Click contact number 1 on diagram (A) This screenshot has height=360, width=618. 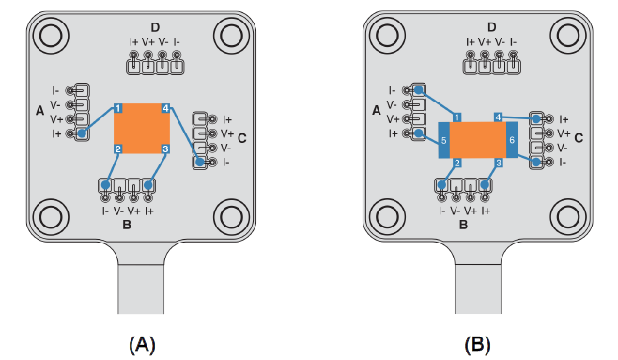coord(118,108)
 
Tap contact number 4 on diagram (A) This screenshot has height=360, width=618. coord(166,108)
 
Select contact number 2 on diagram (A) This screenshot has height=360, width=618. coord(117,149)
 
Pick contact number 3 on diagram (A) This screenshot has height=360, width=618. coord(165,149)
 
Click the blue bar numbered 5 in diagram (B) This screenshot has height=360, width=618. coord(444,140)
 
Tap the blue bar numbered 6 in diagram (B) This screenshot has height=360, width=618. coord(512,140)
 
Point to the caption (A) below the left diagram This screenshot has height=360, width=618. coord(142,345)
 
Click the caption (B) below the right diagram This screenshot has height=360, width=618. coord(478,345)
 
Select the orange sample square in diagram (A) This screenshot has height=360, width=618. coord(142,129)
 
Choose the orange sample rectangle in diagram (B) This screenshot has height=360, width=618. coord(478,140)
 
